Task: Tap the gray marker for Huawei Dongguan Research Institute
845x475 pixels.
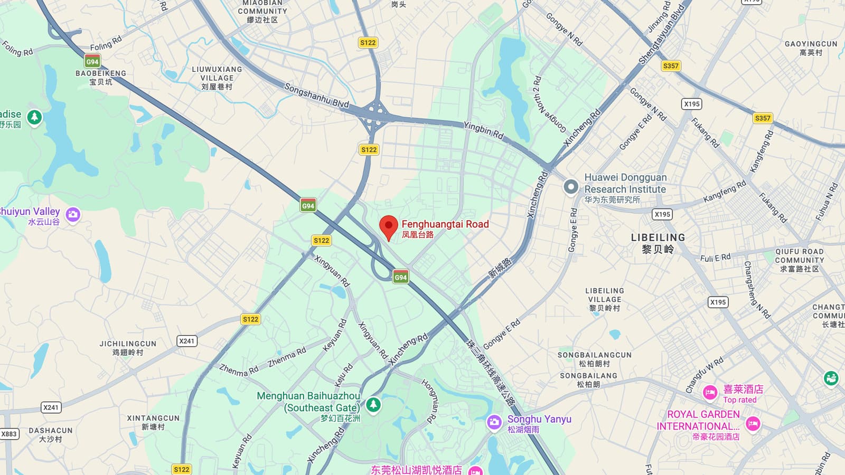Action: pos(570,187)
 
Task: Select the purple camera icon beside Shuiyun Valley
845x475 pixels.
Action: pos(73,214)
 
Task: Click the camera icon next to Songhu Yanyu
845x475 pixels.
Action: pos(494,422)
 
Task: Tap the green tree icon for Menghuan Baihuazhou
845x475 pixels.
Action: pos(373,405)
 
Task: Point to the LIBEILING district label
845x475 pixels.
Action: pos(658,238)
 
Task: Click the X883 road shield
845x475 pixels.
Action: pos(9,434)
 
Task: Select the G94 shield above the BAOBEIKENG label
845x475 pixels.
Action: pos(92,61)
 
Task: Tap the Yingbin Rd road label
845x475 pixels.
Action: pos(483,130)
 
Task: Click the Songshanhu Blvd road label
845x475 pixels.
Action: pos(316,95)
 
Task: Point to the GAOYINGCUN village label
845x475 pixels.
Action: pos(811,44)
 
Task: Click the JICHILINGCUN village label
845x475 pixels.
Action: pos(128,344)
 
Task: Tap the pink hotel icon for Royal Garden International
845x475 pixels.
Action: pos(753,423)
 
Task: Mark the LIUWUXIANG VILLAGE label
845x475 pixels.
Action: pos(217,74)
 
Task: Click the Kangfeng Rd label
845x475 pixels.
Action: pos(725,191)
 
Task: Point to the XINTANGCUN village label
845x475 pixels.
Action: pos(153,419)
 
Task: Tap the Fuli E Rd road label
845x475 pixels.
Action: pos(715,258)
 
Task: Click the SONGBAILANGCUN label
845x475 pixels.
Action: pos(595,355)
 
